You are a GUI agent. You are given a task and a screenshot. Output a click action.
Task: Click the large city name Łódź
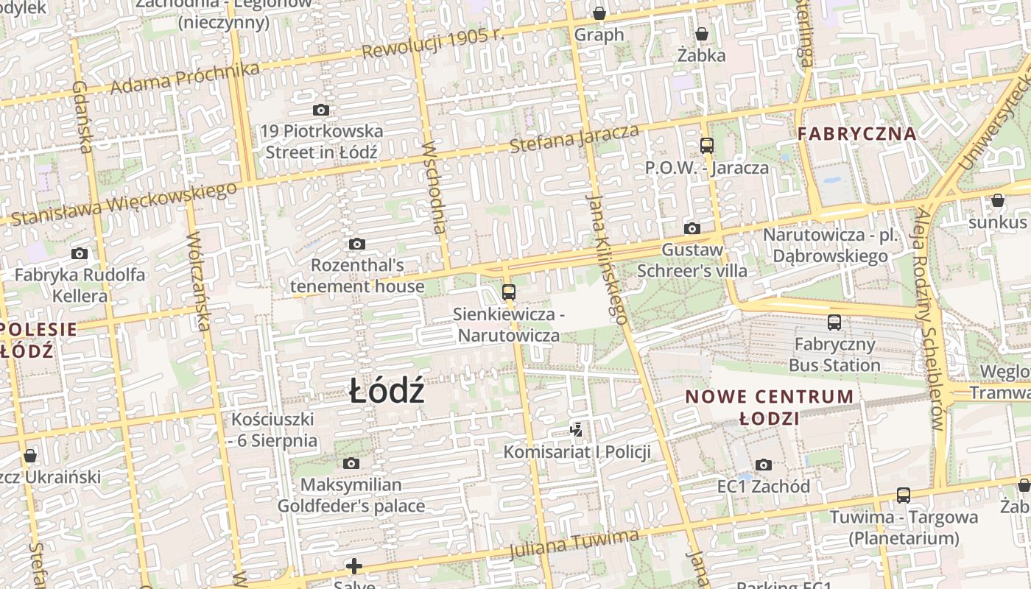coord(387,391)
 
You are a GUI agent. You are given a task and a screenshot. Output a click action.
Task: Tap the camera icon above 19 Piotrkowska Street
coord(321,110)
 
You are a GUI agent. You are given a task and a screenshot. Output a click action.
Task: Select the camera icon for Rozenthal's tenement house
coord(357,244)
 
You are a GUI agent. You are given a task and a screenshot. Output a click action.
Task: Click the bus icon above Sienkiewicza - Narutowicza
coord(508,292)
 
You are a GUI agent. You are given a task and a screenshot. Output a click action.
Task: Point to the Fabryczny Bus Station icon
coord(834,322)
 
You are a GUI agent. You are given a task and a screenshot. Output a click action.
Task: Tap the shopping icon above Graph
coord(599,13)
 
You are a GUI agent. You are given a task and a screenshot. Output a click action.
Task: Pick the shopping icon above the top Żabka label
coord(702,34)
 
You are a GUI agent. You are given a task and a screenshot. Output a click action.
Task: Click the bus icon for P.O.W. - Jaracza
coord(707,146)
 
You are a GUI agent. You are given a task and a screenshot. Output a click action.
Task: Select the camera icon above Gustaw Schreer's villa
coord(692,228)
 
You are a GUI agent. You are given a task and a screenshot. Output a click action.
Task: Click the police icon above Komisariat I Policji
coord(577,429)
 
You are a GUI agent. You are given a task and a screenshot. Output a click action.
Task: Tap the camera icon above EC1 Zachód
coord(764,465)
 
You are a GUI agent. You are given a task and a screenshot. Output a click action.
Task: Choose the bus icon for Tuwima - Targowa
coord(904,495)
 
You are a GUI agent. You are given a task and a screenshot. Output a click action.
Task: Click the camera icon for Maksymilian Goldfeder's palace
coord(351,463)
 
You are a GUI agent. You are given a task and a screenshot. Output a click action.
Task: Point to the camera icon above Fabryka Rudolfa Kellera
coord(80,254)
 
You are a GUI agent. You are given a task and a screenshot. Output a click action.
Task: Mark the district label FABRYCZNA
coord(857,134)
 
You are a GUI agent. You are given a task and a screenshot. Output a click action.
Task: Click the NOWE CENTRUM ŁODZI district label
coord(770,407)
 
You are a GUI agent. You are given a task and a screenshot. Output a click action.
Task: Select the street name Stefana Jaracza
coord(574,139)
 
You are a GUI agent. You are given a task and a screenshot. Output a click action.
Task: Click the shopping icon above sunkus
coord(998,200)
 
